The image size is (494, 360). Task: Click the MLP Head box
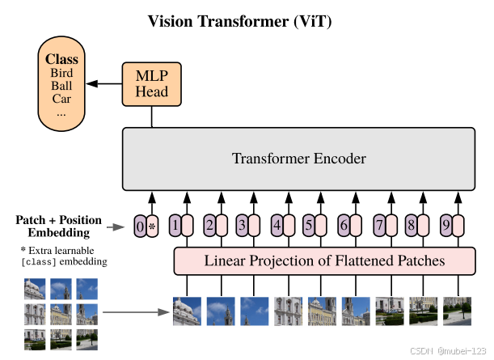pyautogui.click(x=152, y=83)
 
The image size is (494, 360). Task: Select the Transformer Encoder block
pyautogui.click(x=298, y=158)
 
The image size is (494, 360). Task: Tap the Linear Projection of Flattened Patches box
pyautogui.click(x=324, y=260)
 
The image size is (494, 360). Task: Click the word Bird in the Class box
pyautogui.click(x=61, y=73)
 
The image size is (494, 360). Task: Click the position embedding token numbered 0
pyautogui.click(x=140, y=226)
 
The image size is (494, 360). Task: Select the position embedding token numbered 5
pyautogui.click(x=309, y=226)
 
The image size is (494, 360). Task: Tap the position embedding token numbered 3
pyautogui.click(x=241, y=226)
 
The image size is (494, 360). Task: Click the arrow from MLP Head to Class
pyautogui.click(x=103, y=83)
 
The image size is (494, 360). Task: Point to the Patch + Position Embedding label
pyautogui.click(x=58, y=226)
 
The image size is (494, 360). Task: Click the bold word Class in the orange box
pyautogui.click(x=61, y=59)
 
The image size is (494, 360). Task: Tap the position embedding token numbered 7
pyautogui.click(x=378, y=226)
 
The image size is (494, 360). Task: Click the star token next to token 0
pyautogui.click(x=152, y=226)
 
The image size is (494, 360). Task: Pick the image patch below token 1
pyautogui.click(x=187, y=311)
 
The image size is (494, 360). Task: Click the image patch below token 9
pyautogui.click(x=458, y=311)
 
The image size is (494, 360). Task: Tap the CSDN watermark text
pyautogui.click(x=424, y=351)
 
